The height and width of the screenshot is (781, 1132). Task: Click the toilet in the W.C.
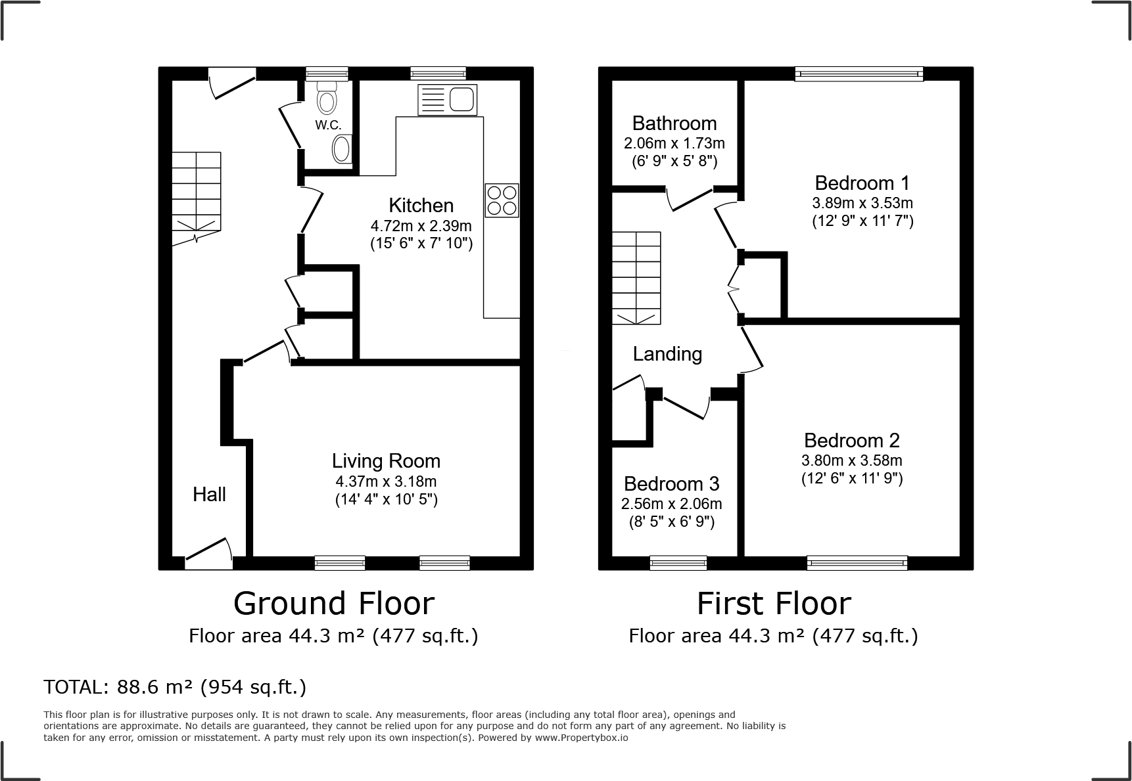point(327,99)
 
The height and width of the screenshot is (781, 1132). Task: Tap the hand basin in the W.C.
point(342,149)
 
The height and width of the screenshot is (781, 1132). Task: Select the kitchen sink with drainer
point(447,100)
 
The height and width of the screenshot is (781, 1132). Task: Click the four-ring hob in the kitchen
point(502,200)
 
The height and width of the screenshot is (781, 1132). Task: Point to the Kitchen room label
point(421,205)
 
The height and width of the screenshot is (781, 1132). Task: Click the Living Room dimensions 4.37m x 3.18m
point(386,481)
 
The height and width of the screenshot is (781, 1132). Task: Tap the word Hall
point(209,495)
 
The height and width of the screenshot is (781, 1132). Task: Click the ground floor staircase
point(197,197)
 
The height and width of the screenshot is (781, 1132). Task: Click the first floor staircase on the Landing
point(636,277)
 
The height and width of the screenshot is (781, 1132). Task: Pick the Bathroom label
point(674,123)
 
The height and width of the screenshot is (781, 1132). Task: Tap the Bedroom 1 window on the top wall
point(858,74)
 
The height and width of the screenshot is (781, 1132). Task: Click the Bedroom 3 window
point(678,562)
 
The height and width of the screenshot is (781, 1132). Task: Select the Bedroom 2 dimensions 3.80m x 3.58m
point(851,460)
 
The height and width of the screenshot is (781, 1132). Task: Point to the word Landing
point(667,354)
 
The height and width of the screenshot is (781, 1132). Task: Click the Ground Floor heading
point(334,603)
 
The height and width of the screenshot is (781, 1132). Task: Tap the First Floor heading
point(774,603)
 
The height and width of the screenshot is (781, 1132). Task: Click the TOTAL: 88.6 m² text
point(175,687)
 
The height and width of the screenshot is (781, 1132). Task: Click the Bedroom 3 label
point(671,484)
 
